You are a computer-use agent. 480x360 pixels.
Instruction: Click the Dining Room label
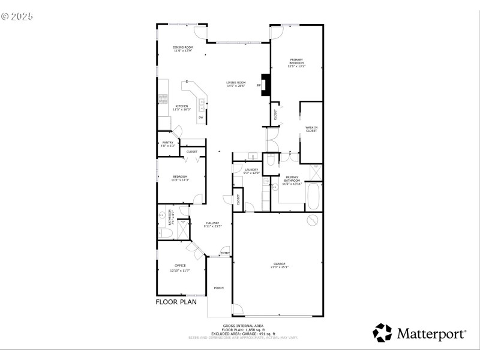point(183,47)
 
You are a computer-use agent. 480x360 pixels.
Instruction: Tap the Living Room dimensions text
point(236,86)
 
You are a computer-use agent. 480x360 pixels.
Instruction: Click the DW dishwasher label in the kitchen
point(200,118)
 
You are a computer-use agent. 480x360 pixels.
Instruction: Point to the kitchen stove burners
point(162,98)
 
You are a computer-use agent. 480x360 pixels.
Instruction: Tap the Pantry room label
point(168,142)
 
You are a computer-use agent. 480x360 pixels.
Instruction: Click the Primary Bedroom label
point(296,61)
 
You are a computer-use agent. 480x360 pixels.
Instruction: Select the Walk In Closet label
point(311,128)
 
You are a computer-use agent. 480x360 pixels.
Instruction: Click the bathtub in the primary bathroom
point(314,194)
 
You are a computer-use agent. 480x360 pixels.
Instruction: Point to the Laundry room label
point(251,170)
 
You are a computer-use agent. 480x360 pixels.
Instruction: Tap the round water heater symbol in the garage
point(312,220)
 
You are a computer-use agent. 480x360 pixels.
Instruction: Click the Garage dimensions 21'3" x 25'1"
point(279,267)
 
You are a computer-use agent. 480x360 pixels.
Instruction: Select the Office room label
point(180,265)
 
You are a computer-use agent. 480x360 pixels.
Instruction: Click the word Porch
point(219,288)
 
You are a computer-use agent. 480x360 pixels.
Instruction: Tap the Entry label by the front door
point(225,253)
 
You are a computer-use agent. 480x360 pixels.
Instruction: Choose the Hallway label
point(213,223)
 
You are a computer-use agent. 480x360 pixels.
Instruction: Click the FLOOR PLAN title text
point(176,302)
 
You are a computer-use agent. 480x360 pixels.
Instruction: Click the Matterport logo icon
point(382,332)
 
